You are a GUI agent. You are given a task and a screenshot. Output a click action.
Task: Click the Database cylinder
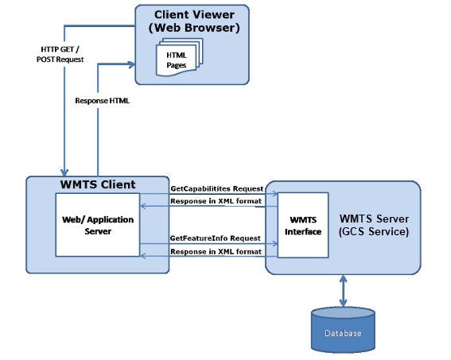[x=343, y=330]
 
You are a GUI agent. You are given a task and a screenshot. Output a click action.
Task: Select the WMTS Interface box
[x=303, y=225]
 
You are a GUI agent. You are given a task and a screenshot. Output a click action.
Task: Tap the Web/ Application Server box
[x=98, y=225]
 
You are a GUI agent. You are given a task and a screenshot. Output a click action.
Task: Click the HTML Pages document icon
[x=180, y=57]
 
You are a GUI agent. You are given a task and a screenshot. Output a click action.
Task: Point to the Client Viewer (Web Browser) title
[x=194, y=21]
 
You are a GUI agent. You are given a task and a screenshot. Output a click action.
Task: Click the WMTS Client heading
[x=98, y=184]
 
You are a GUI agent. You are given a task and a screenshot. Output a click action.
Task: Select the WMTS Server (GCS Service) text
[x=374, y=225]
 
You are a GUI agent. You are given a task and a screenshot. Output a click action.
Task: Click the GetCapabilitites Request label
[x=217, y=188]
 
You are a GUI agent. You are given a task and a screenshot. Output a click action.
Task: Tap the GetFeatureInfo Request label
[x=215, y=238]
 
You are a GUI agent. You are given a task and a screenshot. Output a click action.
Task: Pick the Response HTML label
[x=102, y=101]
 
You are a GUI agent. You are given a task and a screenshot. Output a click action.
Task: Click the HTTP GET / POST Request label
[x=60, y=54]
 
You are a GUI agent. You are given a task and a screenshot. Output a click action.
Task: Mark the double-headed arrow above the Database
[x=343, y=291]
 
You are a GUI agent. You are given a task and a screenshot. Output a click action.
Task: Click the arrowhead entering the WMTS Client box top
[x=64, y=172]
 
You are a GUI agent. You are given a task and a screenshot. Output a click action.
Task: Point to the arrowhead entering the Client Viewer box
[x=132, y=64]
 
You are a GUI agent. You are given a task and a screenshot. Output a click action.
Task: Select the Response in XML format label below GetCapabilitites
[x=216, y=201]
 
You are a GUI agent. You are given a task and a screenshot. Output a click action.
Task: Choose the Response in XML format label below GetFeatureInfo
[x=216, y=251]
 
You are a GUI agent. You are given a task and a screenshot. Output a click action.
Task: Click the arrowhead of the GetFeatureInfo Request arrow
[x=275, y=244]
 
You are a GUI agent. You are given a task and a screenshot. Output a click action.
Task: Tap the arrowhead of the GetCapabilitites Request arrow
[x=275, y=194]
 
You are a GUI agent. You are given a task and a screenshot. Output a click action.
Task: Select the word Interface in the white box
[x=303, y=231]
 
